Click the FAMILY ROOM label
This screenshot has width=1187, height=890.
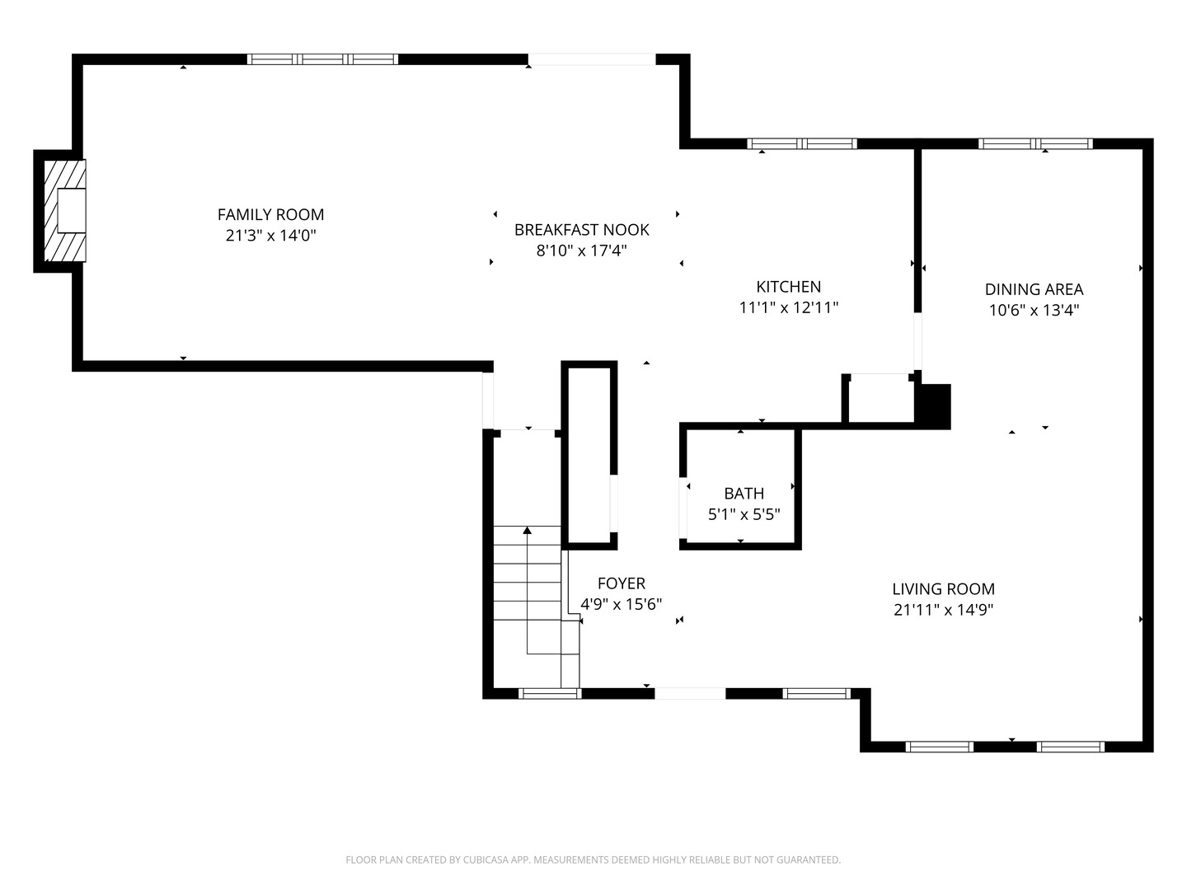coord(270,214)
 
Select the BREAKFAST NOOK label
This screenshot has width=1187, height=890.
coord(581,230)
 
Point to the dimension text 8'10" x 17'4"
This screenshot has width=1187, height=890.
coord(581,251)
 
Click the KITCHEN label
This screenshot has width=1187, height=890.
coord(788,287)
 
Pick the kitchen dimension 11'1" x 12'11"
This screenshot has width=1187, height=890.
coord(788,307)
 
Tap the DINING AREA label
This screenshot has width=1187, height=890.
coord(1034,289)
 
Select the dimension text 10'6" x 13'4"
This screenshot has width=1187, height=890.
coord(1034,311)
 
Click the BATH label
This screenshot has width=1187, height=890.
coord(744,494)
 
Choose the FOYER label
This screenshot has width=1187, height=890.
coord(621,583)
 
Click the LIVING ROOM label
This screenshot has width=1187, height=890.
coord(943,589)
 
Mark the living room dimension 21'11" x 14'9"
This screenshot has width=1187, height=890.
coord(943,611)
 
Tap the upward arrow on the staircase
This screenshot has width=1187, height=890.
coord(528,531)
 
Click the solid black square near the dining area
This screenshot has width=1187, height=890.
coord(935,405)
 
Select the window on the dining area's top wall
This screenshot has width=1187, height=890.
coord(1035,143)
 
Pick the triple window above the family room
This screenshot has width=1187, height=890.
coord(322,59)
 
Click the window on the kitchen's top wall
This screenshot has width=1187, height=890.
coord(801,143)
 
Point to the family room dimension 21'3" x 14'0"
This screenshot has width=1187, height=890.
coord(270,236)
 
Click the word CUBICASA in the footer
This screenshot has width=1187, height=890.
coord(489,860)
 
